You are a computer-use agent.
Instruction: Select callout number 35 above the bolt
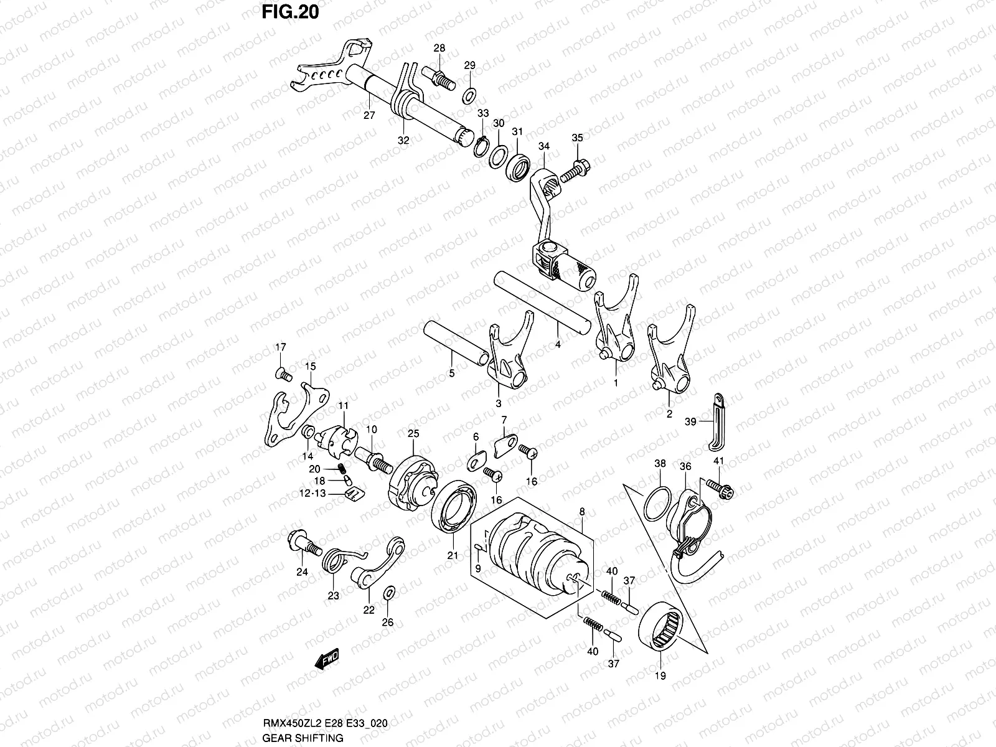(x=577, y=138)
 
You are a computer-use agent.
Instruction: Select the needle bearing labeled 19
(x=663, y=629)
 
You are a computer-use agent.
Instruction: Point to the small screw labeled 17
(x=283, y=374)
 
